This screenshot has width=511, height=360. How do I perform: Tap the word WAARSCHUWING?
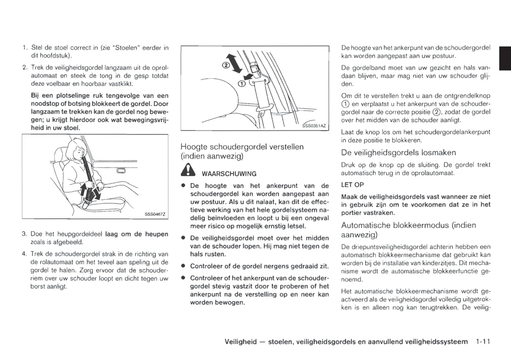point(229,174)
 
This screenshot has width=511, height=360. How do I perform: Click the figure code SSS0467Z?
point(155,214)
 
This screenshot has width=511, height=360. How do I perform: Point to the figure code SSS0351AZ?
point(314,126)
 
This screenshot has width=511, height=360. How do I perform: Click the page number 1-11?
point(483,342)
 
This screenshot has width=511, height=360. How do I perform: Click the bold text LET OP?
point(352,185)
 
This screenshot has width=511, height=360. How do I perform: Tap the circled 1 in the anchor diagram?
point(241,84)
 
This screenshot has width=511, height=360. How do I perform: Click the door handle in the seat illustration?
point(121,171)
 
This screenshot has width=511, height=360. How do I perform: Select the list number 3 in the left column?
point(24,234)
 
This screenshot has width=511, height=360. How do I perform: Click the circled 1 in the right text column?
point(345,104)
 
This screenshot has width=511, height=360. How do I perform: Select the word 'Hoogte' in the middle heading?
point(194,147)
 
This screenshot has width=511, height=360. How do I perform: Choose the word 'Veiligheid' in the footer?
point(240,342)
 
